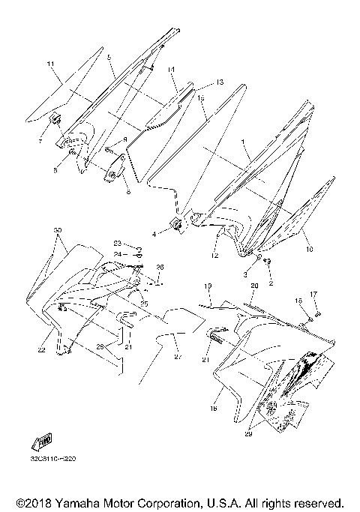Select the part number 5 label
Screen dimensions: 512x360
[109, 58]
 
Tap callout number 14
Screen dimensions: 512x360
[171, 69]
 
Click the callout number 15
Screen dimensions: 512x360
[201, 97]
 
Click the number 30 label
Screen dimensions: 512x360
[58, 229]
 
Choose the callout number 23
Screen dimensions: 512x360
[118, 244]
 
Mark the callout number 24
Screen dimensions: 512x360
[118, 254]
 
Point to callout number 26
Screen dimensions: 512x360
[159, 268]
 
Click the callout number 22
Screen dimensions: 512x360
[42, 350]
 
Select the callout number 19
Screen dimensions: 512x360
[208, 286]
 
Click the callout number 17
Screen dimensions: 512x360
[313, 294]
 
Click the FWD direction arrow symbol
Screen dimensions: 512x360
[38, 440]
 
